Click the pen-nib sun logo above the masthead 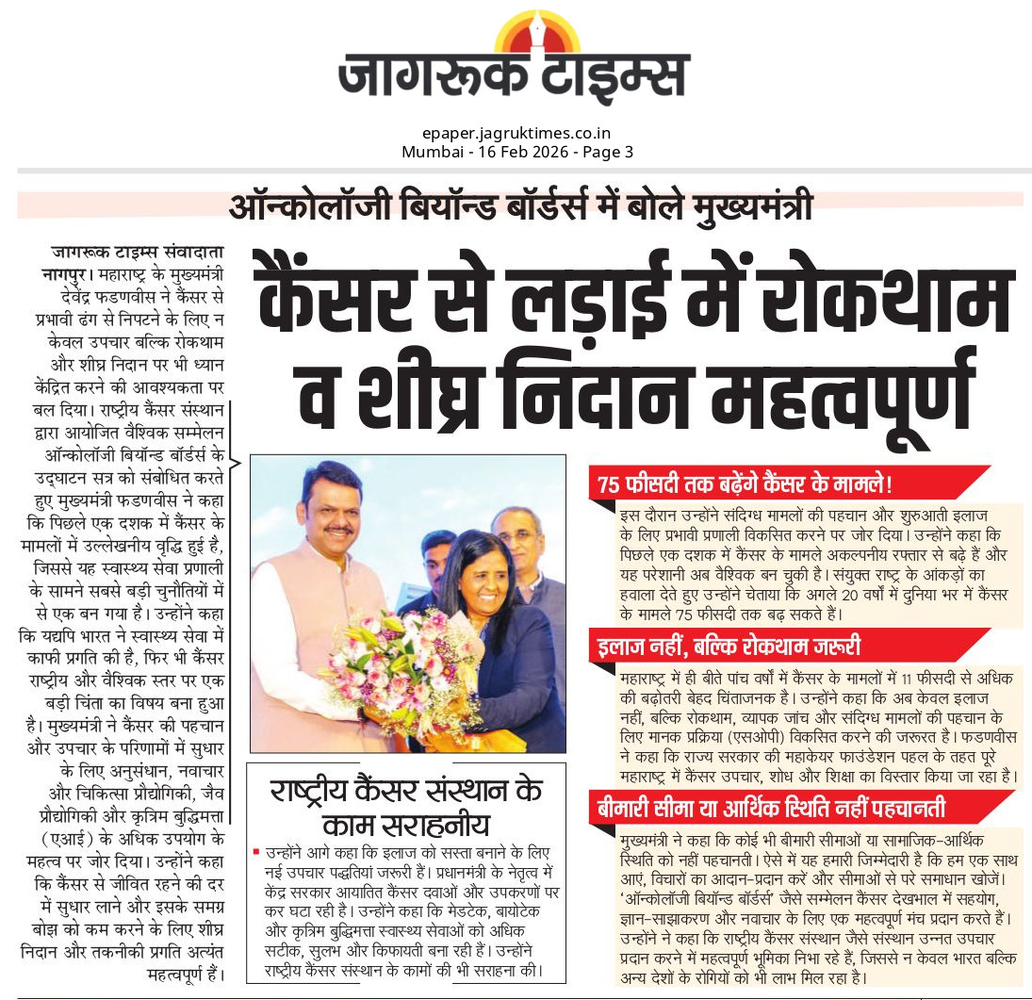click(x=538, y=33)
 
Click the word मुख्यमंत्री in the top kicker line click(x=745, y=205)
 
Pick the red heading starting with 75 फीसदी click(x=745, y=484)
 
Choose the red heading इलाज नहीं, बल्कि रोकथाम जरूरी click(x=728, y=647)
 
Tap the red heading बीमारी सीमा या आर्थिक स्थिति click(x=772, y=809)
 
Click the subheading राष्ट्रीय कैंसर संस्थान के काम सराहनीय click(x=406, y=807)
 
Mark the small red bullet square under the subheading click(x=255, y=852)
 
